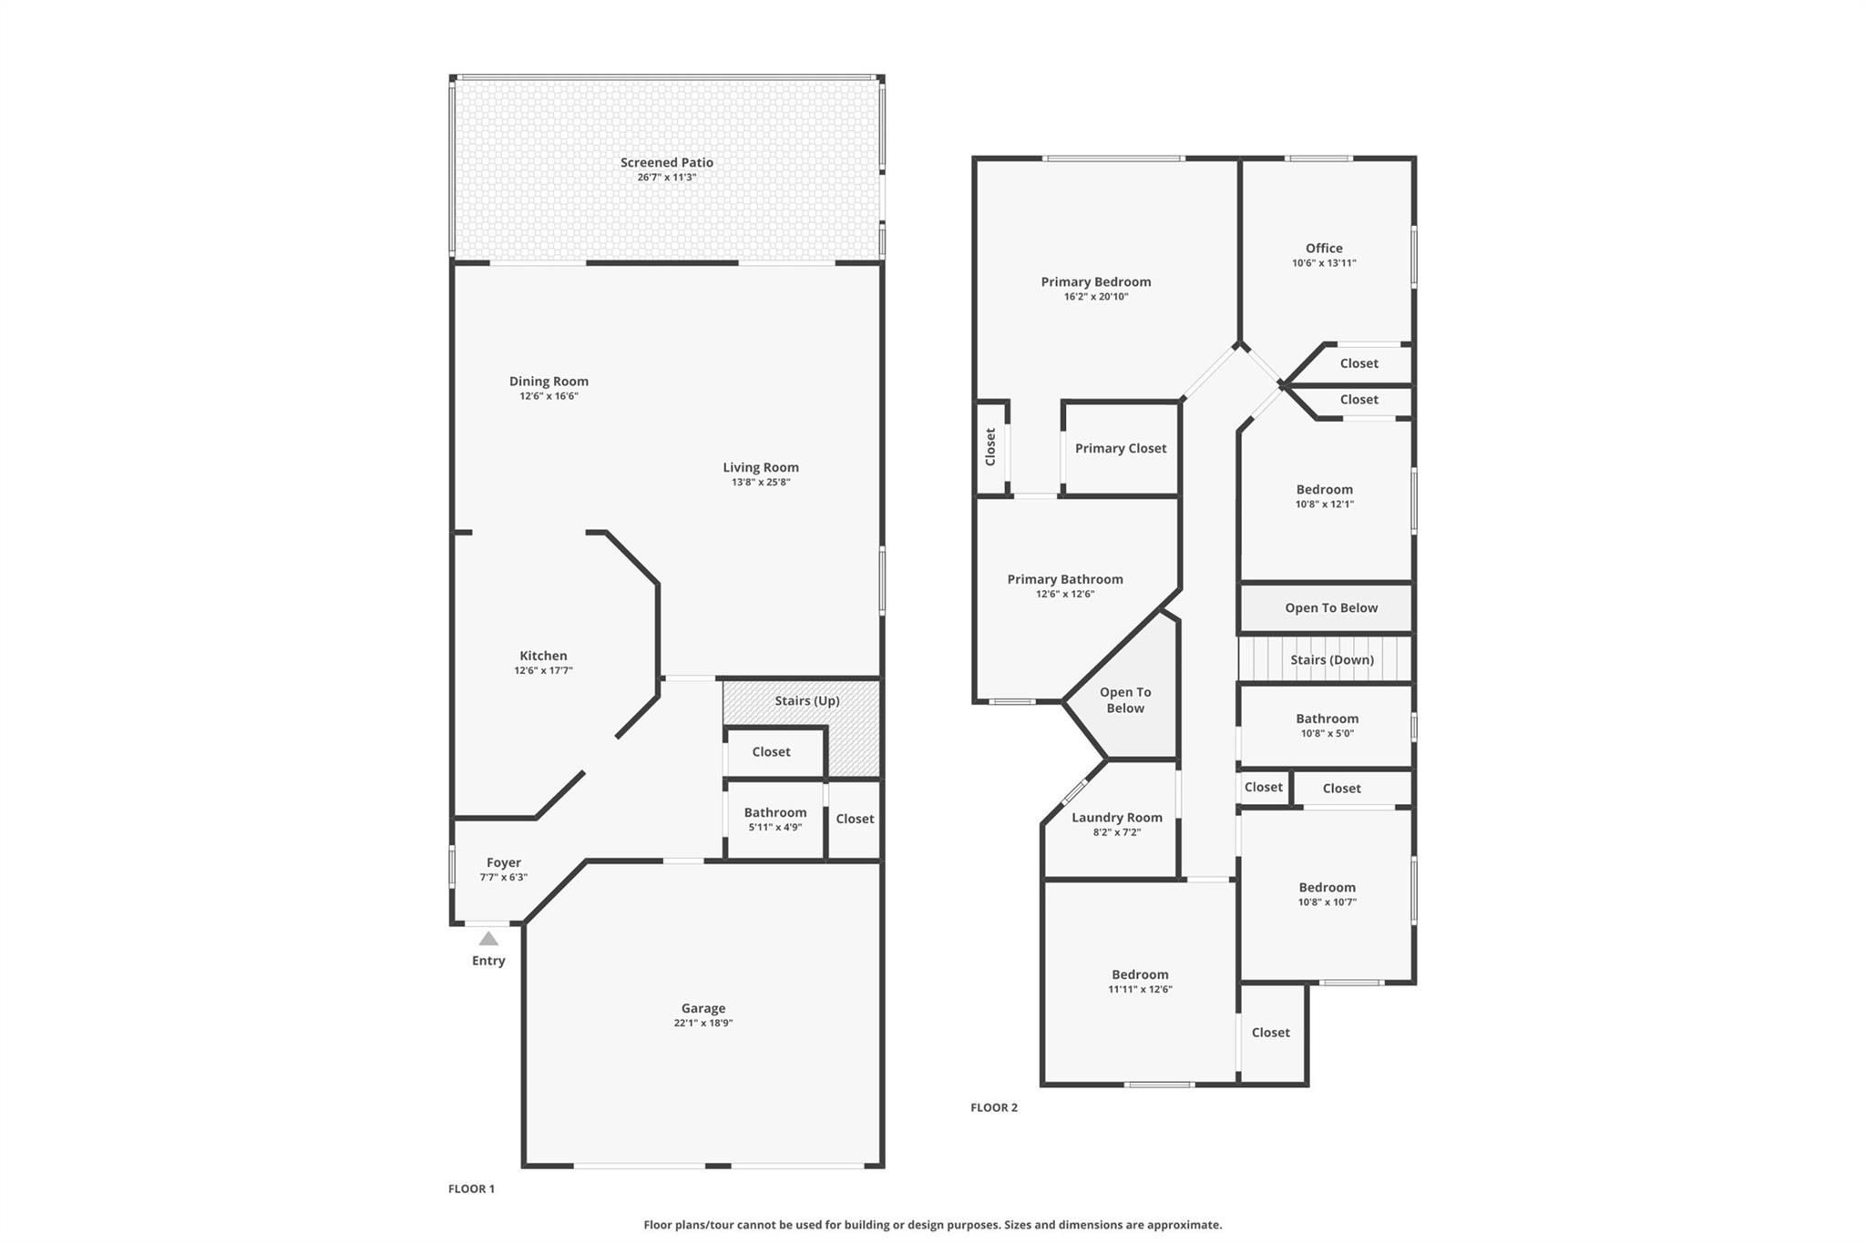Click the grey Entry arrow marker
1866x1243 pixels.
tap(488, 938)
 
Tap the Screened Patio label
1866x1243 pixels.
tap(667, 162)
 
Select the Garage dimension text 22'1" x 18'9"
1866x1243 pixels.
tap(702, 1023)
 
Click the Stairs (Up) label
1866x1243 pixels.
tap(807, 700)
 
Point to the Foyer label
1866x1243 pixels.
tap(504, 862)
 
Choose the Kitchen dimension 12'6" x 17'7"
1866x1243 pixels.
tap(543, 670)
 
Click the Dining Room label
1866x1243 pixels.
tap(549, 381)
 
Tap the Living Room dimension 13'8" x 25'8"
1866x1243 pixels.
tap(761, 482)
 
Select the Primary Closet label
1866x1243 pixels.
tap(1121, 448)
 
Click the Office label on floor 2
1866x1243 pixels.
tap(1324, 248)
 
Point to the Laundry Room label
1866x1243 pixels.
tap(1117, 817)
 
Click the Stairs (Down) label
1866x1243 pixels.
tap(1332, 659)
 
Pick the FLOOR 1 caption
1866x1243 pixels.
tap(471, 1188)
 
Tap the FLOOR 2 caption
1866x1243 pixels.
tap(994, 1107)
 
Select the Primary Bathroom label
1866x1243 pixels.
tap(1065, 579)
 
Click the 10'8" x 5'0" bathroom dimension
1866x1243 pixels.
tap(1327, 733)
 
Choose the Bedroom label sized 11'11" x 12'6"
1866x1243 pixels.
tap(1140, 974)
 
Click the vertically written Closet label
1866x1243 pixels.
tap(990, 447)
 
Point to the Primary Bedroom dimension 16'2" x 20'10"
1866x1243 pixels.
tap(1096, 296)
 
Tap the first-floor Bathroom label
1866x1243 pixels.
tap(775, 812)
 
